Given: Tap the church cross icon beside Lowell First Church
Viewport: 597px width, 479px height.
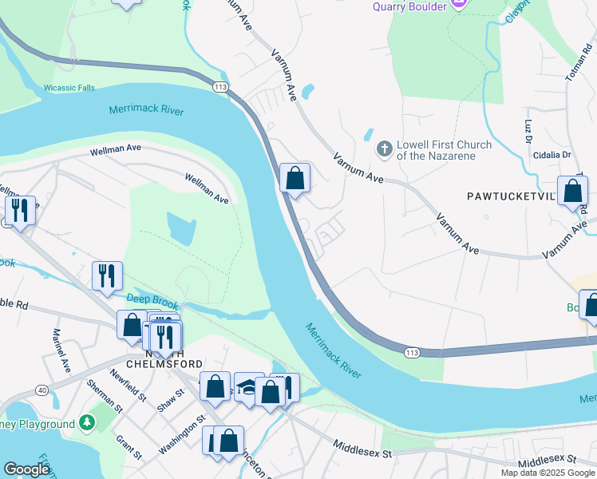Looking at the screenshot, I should [x=384, y=149].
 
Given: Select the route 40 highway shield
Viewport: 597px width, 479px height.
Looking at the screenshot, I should [x=42, y=389].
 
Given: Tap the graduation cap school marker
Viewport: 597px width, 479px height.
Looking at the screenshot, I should [x=248, y=387].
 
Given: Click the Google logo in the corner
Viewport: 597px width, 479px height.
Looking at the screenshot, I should [x=26, y=469].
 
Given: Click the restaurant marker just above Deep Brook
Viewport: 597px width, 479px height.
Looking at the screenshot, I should [x=106, y=276].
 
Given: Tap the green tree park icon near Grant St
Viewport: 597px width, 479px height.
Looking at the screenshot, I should [x=87, y=423].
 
